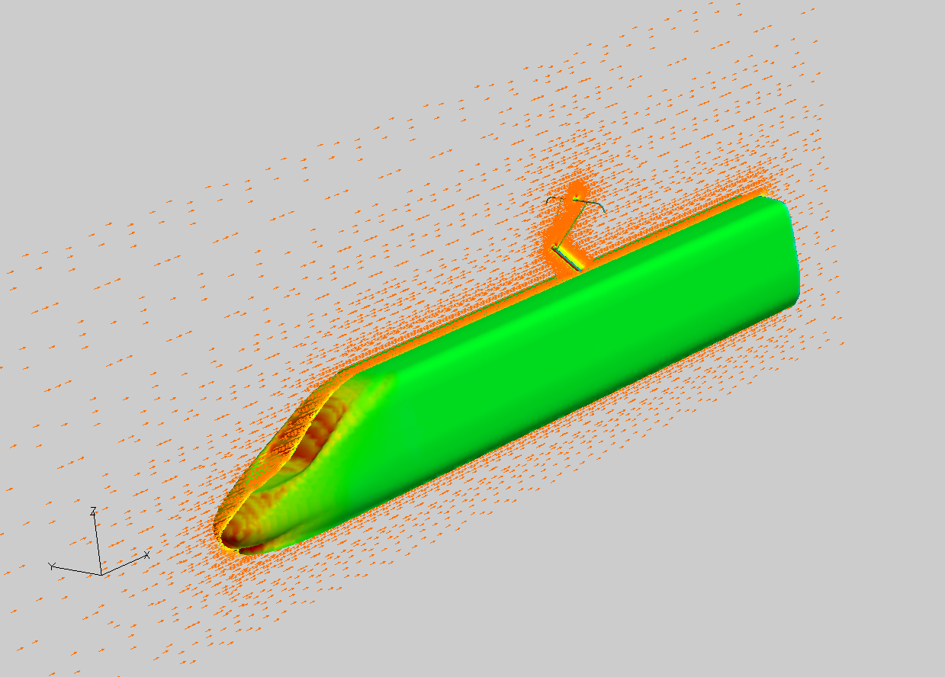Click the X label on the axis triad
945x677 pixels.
[146, 555]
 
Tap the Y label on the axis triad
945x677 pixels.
[51, 566]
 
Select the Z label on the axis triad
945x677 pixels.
[93, 512]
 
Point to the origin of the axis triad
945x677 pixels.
[101, 575]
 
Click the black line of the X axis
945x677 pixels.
[124, 566]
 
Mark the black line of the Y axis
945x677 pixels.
[77, 571]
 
